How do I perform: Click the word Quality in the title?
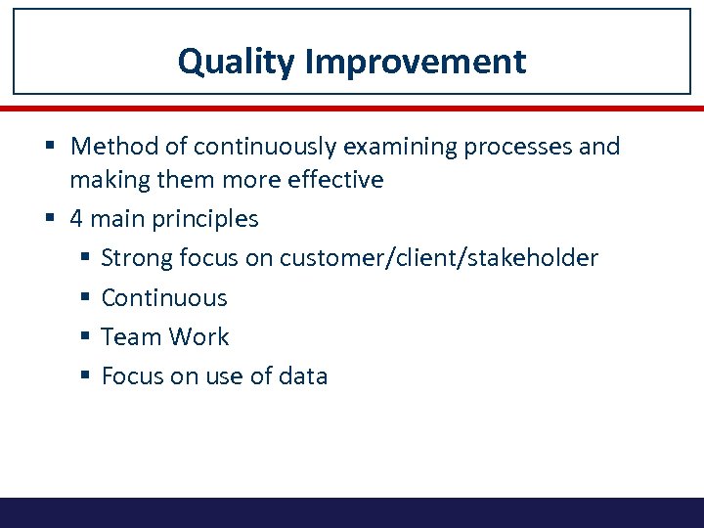(236, 62)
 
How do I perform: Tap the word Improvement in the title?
(416, 62)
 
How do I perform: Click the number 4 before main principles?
(76, 219)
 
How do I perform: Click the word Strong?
(137, 258)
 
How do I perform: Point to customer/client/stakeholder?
(438, 258)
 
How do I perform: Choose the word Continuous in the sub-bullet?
(164, 297)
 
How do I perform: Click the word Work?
(198, 336)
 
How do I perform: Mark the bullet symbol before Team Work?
(85, 337)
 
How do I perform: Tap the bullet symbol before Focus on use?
(85, 376)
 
